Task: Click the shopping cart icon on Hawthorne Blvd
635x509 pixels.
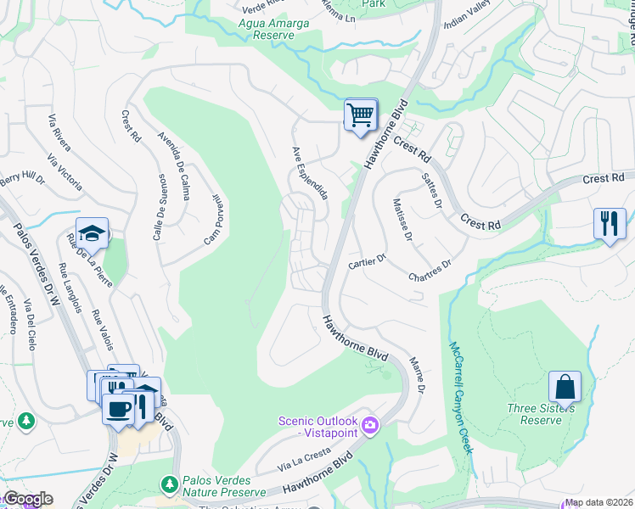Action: tap(361, 115)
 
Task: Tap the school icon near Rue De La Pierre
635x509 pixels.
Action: tap(92, 232)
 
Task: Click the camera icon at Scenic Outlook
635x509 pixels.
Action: tap(369, 424)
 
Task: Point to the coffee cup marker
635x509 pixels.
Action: tap(118, 410)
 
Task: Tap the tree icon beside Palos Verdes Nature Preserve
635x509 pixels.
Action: tap(169, 484)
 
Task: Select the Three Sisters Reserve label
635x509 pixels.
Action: tap(541, 414)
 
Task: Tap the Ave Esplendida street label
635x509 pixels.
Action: tap(310, 172)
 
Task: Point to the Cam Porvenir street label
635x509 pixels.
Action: tap(211, 219)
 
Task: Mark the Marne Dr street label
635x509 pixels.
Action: tap(416, 373)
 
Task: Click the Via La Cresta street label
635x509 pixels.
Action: tap(302, 462)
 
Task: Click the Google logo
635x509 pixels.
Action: tap(27, 499)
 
